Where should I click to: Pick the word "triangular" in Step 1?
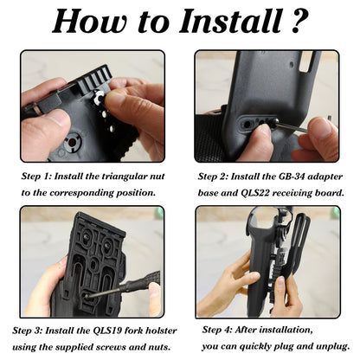pos(130,175)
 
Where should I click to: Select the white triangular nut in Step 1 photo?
pos(101,99)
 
